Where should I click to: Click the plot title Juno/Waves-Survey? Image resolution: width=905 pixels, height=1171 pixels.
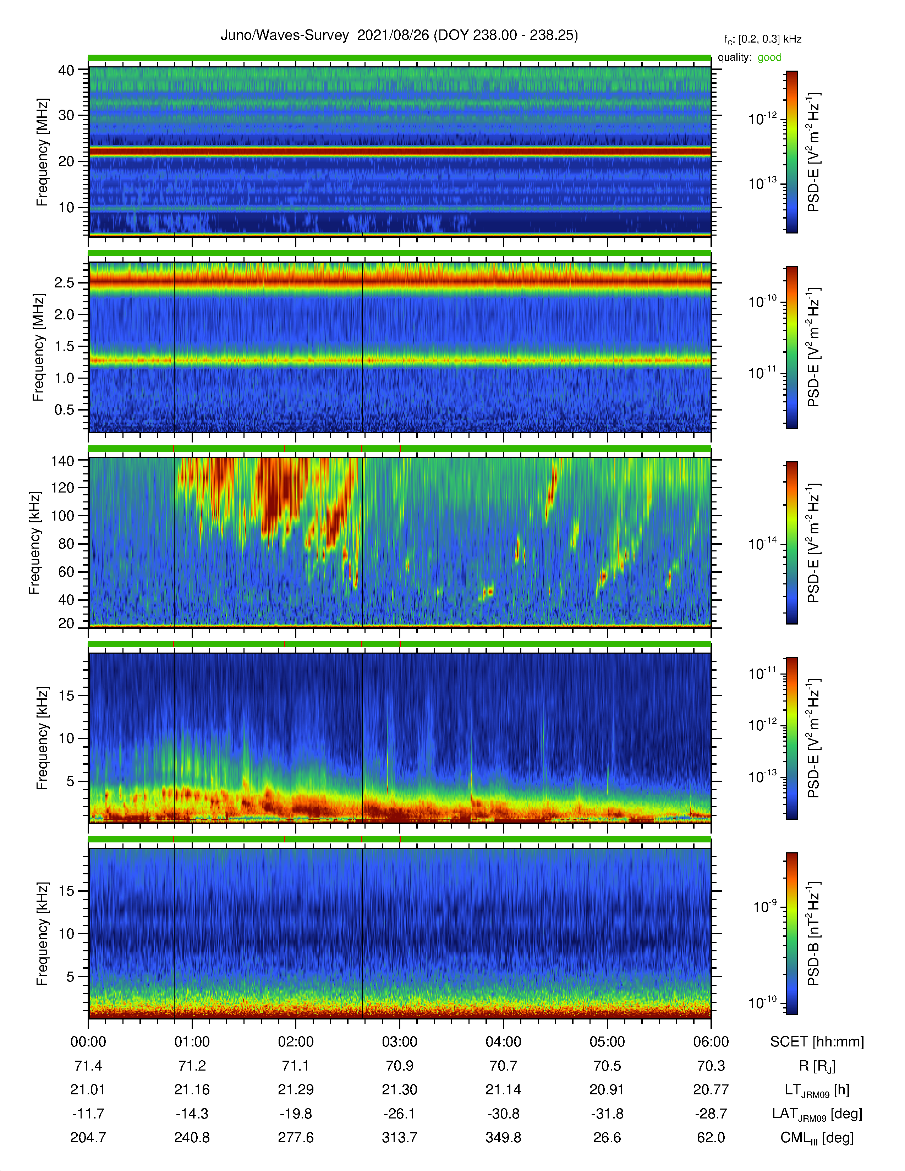285,35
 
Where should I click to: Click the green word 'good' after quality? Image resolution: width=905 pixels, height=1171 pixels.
769,57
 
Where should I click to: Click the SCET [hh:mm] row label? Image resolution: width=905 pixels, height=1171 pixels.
817,1042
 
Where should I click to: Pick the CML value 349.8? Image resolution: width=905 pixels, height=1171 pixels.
504,1137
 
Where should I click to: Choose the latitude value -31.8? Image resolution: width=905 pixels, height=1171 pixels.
607,1114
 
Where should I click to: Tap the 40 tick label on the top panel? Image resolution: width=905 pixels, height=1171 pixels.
66,70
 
